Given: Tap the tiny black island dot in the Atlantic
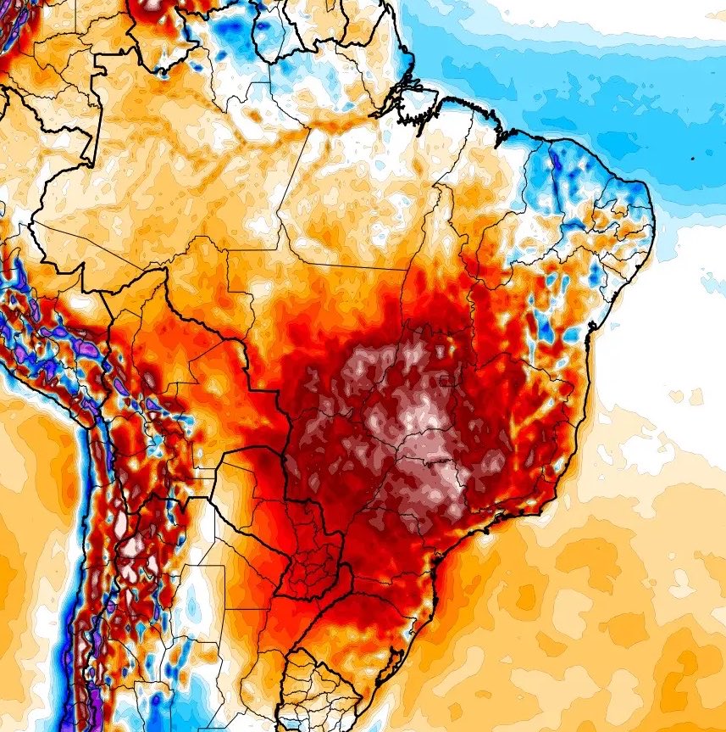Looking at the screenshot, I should (x=693, y=158).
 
